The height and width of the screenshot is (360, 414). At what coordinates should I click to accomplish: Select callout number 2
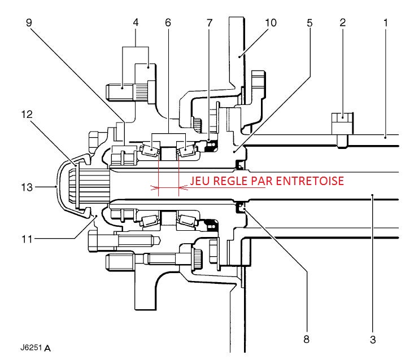342,24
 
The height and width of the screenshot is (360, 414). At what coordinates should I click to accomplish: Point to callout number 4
136,24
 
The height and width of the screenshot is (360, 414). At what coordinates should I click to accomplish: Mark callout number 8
307,340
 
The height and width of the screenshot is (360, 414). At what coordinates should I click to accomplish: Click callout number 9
29,24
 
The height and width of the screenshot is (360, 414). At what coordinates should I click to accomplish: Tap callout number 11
19,239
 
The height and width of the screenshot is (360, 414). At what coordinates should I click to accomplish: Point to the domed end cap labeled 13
63,185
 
